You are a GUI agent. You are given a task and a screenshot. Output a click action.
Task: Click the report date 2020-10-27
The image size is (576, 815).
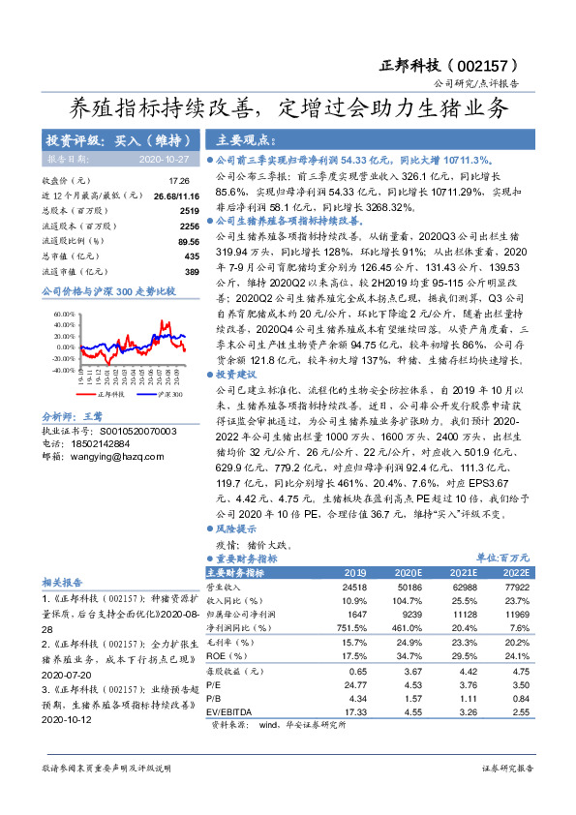click(164, 159)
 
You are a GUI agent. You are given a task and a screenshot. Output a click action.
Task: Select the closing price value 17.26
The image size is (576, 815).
click(179, 181)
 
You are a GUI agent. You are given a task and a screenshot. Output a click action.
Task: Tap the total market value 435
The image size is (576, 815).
click(191, 256)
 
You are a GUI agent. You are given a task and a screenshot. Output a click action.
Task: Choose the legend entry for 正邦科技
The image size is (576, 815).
click(85, 395)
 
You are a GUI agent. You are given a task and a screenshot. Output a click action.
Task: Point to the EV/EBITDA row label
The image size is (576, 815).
click(237, 711)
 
